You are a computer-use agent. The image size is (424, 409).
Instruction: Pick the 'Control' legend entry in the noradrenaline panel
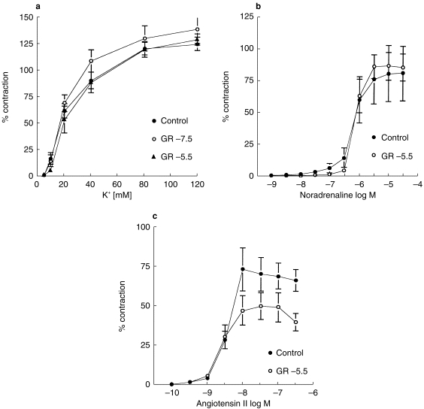click(383, 138)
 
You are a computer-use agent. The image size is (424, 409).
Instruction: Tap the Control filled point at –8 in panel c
click(242, 269)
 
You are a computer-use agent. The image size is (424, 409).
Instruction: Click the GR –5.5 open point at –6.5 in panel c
click(296, 322)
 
